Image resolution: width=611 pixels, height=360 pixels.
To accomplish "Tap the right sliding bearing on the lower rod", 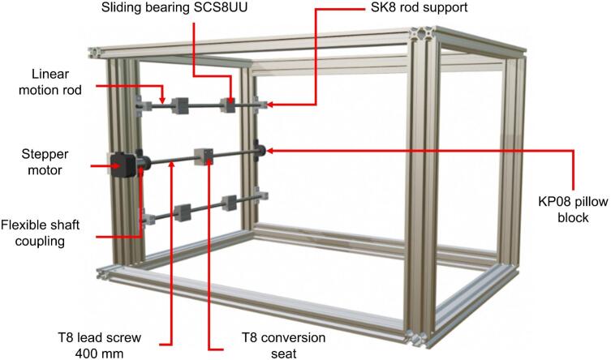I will click(229, 203).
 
